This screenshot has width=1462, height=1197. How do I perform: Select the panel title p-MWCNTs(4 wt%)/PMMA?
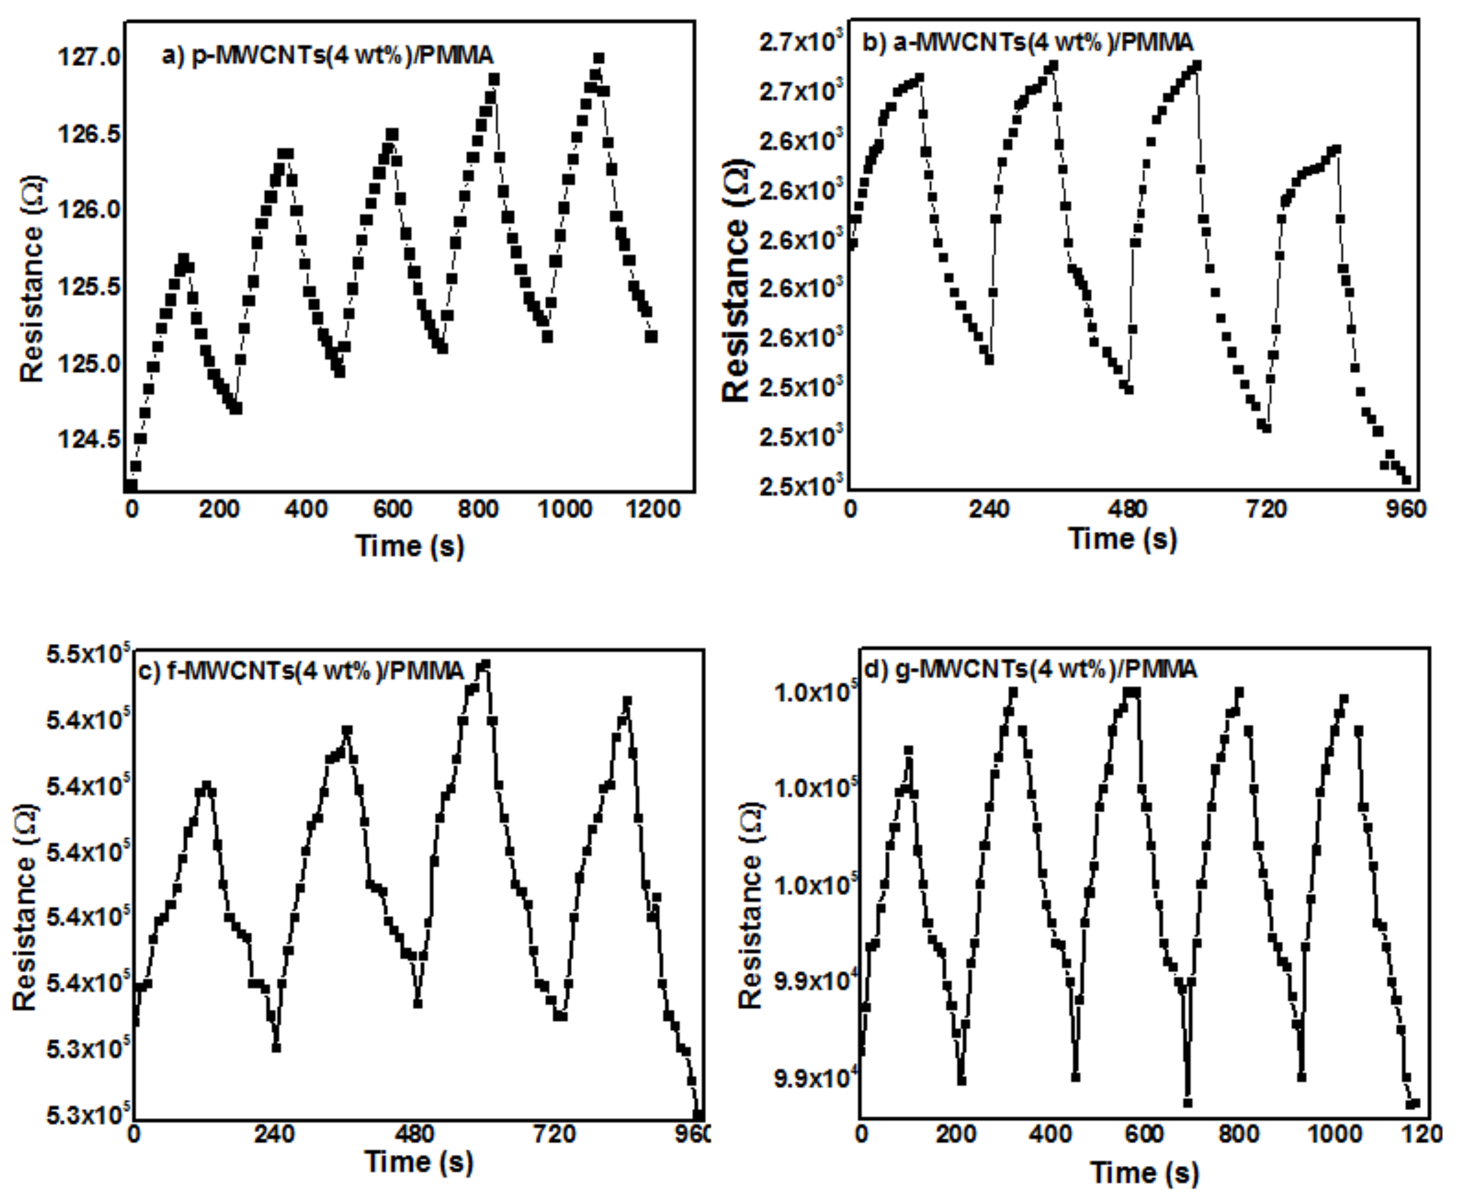(327, 55)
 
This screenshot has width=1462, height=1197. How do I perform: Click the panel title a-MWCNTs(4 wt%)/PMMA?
(1027, 43)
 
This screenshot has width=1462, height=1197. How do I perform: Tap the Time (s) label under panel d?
(1144, 1172)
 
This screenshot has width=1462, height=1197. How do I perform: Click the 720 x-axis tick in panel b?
(1267, 509)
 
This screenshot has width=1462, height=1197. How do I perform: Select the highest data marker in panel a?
(599, 58)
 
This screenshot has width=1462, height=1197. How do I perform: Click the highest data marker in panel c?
(485, 665)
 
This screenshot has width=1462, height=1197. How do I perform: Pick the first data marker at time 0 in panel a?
(131, 486)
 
